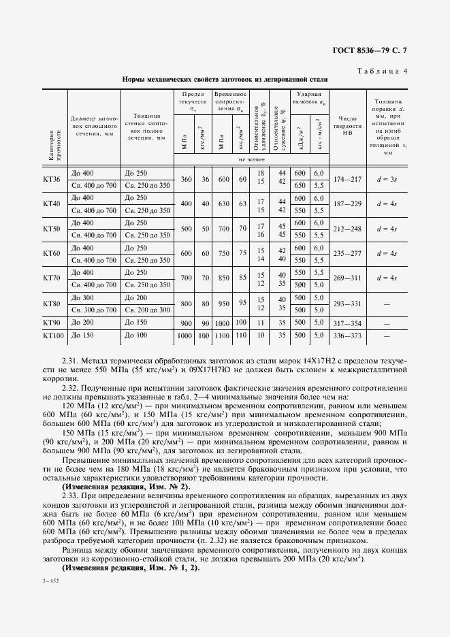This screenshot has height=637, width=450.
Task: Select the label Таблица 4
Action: [x=383, y=70]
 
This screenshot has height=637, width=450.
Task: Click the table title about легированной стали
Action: [x=225, y=80]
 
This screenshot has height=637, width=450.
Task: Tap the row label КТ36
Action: [x=52, y=179]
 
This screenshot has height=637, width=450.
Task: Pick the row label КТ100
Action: [x=53, y=336]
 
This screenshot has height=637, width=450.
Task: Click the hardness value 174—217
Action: [x=347, y=179]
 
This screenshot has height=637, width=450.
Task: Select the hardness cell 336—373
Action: [x=347, y=336]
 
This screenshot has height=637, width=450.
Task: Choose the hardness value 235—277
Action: [x=347, y=252]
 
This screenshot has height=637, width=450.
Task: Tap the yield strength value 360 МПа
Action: [x=187, y=179]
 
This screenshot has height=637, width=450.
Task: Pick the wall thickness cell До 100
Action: [x=136, y=336]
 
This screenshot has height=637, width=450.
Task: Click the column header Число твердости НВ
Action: [x=347, y=127]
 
